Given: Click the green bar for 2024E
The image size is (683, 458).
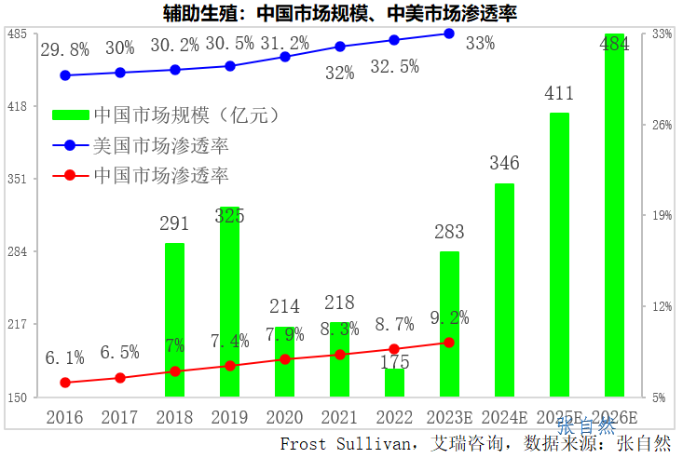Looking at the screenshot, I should pos(504,290).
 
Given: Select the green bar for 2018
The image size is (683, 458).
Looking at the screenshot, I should pos(174,320).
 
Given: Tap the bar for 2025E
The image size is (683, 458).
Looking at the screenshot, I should pos(559,255).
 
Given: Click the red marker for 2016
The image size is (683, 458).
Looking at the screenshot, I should pos(65,383).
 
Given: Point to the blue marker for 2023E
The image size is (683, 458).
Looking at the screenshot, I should pos(449,34).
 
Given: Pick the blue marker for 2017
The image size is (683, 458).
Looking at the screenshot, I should pos(120,73).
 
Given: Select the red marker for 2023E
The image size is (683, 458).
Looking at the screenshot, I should pos(449,343).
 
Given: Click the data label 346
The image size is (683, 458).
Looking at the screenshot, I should pos(504,164).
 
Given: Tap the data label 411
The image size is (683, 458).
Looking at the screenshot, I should pos(559,93).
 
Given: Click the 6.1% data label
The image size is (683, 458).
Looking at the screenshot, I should pos(65,357).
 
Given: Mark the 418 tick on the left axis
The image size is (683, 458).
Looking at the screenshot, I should pos(17,106).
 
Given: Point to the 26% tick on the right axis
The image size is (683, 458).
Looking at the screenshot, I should pos(663,125).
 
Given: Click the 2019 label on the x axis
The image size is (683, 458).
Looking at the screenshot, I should pos(229,416).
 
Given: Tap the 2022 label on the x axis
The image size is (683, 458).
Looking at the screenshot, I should pos(394,416).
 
